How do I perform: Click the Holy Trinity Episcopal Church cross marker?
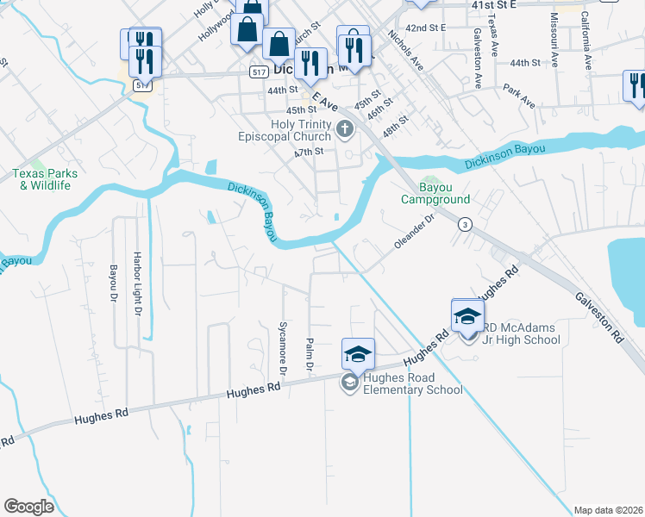pos(345,130)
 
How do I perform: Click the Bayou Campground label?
pos(431,193)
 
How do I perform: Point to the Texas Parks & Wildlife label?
pos(45,179)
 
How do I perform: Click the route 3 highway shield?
pos(465,224)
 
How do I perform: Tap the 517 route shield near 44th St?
pos(260,73)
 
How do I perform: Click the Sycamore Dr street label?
pos(282,350)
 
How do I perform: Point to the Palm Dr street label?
pos(308,355)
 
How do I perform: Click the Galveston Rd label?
pos(600,314)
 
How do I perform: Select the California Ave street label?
pos(586,40)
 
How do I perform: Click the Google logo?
pos(28,507)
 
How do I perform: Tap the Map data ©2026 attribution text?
pos(608,510)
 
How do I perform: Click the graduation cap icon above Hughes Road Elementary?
pos(358,353)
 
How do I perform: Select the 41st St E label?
pos(493,4)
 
